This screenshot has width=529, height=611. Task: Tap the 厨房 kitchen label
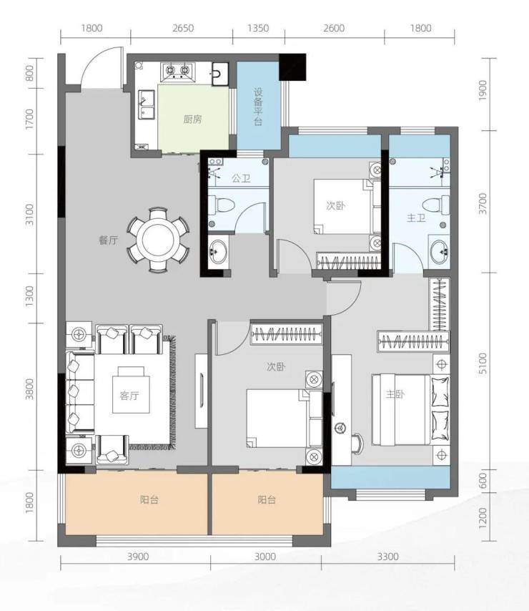tap(192, 119)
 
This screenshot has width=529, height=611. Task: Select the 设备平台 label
tap(258, 107)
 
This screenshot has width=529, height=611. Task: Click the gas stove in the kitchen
tap(177, 72)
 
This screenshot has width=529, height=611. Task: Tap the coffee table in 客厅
tap(131, 390)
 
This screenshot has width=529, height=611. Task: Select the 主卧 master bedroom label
tap(395, 394)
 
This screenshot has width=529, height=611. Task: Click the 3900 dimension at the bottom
tap(138, 557)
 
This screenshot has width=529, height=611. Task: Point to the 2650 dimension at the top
tap(183, 28)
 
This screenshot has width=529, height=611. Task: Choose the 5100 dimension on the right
tap(483, 363)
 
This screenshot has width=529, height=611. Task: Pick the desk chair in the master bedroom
tap(358, 444)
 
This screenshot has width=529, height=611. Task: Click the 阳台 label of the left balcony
tap(149, 499)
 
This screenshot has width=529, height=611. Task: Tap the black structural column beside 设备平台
tap(292, 67)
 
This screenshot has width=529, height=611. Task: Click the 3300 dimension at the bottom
tap(387, 557)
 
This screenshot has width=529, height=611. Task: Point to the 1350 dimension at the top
tap(258, 28)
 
